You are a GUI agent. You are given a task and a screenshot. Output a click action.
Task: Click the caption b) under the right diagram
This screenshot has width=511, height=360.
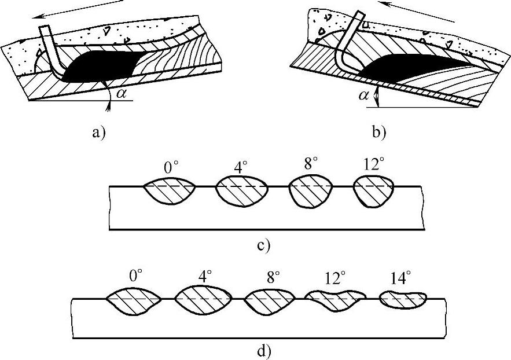point(380,132)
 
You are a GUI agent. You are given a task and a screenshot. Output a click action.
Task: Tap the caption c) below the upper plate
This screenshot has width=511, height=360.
point(262,245)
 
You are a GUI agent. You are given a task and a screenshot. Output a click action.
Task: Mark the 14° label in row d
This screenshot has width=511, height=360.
point(399,279)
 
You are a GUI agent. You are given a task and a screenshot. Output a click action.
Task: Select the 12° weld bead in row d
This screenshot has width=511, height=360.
point(334,300)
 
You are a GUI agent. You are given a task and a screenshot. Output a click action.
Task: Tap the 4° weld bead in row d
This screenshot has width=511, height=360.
point(204,300)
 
